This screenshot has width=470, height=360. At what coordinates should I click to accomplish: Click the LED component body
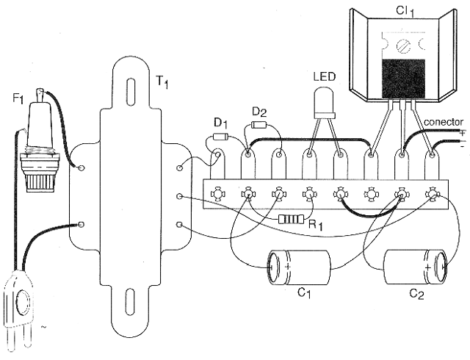coord(324,102)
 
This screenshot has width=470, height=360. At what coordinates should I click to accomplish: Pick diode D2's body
coord(258,124)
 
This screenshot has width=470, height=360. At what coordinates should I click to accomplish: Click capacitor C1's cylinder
coord(299,267)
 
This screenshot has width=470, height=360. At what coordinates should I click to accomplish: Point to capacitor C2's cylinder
coord(416,267)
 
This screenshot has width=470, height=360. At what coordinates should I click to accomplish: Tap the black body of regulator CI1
coord(403,79)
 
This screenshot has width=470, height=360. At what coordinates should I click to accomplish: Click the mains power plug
coord(18,312)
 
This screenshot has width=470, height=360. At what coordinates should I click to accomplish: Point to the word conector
coord(444,122)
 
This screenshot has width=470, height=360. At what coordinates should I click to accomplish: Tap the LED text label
coord(325,77)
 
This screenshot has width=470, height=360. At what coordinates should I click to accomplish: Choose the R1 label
coord(316,225)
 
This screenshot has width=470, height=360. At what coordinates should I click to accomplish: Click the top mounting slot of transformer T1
coord(131,91)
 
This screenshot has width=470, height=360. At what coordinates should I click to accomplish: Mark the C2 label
coord(416,295)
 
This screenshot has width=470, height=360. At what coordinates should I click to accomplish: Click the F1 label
coord(18,99)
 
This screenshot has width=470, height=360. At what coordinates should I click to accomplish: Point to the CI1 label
coord(405,12)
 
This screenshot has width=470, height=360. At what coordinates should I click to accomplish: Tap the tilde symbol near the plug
coord(44,326)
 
